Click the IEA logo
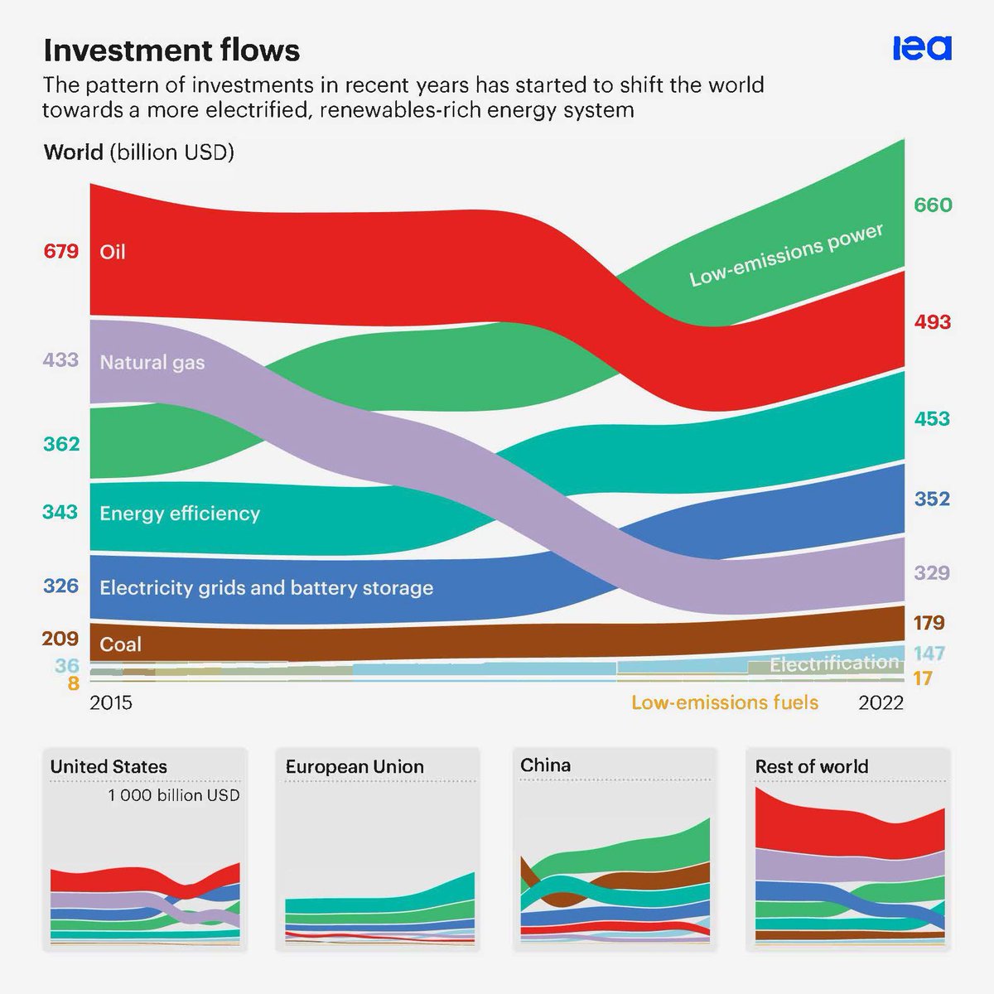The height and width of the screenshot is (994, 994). (921, 48)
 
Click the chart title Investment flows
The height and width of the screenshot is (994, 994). (171, 51)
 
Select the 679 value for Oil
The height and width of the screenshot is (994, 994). (61, 251)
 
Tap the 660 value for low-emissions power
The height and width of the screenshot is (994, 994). (933, 205)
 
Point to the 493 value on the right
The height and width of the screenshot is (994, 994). (933, 321)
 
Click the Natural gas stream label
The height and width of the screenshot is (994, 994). (152, 362)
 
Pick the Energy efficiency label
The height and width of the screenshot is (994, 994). (180, 514)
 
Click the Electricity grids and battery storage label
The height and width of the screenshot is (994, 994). (266, 588)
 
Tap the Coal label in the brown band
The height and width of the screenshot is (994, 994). (120, 644)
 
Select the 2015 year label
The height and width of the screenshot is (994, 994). (111, 702)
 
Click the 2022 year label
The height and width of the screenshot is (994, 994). (881, 702)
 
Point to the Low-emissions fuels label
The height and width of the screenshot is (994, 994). (725, 702)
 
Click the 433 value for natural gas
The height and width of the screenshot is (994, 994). (61, 359)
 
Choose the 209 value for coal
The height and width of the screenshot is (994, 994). (61, 639)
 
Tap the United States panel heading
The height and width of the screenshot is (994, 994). (109, 767)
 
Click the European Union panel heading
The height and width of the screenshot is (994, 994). (355, 767)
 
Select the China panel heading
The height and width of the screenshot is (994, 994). (545, 765)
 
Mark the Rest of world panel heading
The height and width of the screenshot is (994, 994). (812, 767)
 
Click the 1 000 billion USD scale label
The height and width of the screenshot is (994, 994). (173, 795)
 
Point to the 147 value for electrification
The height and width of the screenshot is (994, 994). (929, 654)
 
